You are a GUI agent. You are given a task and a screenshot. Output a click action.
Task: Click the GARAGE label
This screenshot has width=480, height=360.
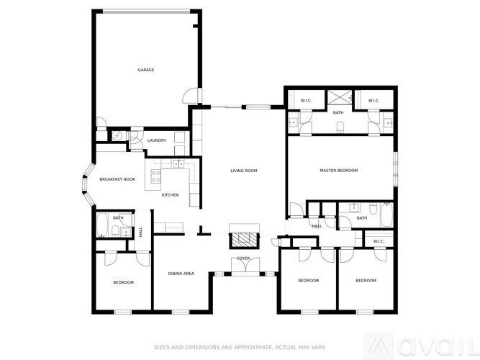click(x=146, y=70)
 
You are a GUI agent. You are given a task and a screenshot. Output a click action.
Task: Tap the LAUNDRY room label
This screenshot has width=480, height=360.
click(x=156, y=140)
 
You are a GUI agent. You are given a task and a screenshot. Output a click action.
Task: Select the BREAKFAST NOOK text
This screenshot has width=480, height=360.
click(x=117, y=179)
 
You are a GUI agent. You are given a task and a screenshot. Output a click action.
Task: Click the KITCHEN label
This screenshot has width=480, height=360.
click(x=170, y=195)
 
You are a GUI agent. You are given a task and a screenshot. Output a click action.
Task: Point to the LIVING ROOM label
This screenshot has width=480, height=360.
click(x=244, y=171)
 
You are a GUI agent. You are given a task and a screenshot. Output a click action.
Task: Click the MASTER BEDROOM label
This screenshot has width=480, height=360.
click(x=338, y=171)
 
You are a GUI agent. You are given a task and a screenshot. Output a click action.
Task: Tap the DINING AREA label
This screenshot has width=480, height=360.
click(x=181, y=274)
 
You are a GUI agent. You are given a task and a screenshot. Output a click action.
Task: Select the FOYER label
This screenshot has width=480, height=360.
click(x=243, y=258)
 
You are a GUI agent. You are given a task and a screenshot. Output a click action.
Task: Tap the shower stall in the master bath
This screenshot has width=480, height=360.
click(x=338, y=97)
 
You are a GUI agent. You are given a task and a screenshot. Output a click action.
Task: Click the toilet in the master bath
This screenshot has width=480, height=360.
click(x=340, y=127)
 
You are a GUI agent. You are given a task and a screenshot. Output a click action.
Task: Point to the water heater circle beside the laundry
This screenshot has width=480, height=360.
click(x=117, y=135)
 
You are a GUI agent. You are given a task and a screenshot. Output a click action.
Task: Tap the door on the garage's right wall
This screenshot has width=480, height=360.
click(x=189, y=94)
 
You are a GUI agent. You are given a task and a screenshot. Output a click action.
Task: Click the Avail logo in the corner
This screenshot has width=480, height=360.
click(x=432, y=343)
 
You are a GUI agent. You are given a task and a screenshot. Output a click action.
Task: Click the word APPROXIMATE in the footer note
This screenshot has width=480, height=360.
click(x=237, y=344)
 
